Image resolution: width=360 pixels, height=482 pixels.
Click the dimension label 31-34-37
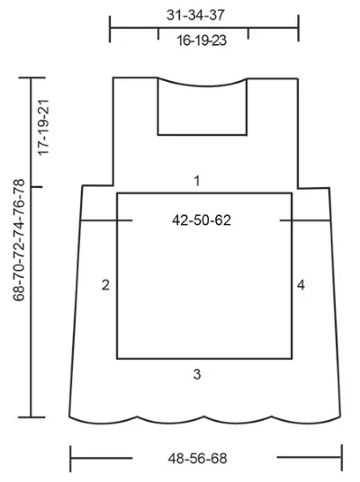pyautogui.click(x=195, y=14)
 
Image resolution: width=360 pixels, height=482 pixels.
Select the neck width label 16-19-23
pyautogui.click(x=202, y=40)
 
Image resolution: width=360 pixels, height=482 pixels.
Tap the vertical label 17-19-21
pyautogui.click(x=43, y=128)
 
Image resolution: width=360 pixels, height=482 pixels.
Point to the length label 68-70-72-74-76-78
pyautogui.click(x=19, y=240)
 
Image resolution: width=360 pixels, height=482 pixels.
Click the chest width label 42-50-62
pyautogui.click(x=202, y=220)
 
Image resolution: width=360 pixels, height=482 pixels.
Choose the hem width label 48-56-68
pyautogui.click(x=197, y=459)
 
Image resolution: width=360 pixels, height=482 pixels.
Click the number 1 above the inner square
pyautogui.click(x=197, y=181)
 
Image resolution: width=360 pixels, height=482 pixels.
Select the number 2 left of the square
pyautogui.click(x=105, y=285)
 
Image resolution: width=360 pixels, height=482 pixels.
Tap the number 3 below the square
pyautogui.click(x=197, y=374)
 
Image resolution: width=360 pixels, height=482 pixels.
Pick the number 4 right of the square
pyautogui.click(x=301, y=285)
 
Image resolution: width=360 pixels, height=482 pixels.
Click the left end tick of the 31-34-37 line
pyautogui.click(x=110, y=29)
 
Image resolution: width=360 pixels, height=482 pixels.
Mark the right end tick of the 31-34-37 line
pyautogui.click(x=298, y=28)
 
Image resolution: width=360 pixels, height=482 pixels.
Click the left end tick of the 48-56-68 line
pyautogui.click(x=70, y=459)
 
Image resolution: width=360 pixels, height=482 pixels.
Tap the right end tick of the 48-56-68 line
pyautogui.click(x=342, y=458)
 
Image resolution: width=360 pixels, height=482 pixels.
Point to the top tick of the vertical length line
pyautogui.click(x=32, y=77)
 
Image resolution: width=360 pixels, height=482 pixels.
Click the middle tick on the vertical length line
pyautogui.click(x=36, y=187)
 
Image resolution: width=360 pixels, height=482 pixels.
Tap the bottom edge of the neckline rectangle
pyautogui.click(x=202, y=135)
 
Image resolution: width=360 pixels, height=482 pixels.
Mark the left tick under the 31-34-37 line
pyautogui.click(x=158, y=33)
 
